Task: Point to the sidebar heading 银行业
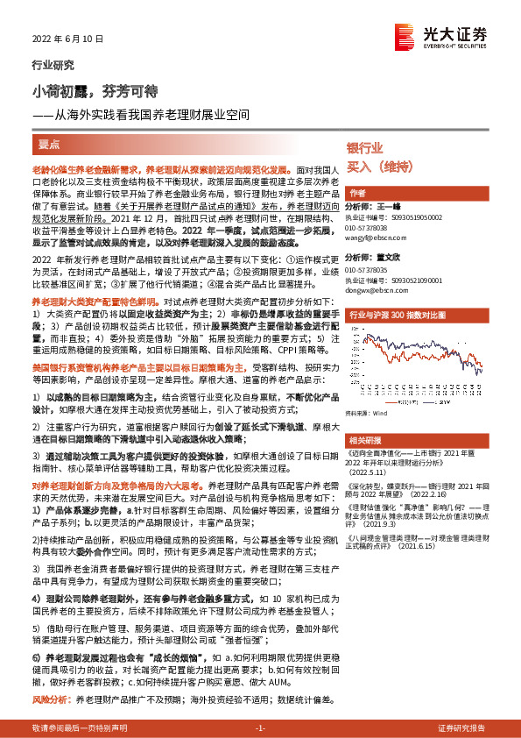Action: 365,147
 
